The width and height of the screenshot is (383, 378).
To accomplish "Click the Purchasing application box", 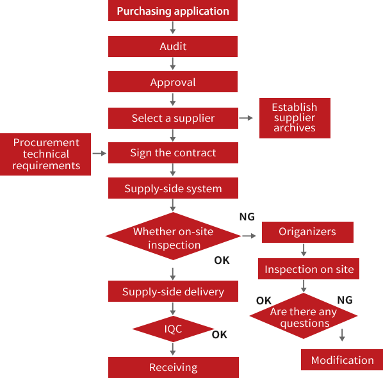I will click(x=172, y=11).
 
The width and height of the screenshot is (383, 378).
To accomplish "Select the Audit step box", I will click(x=172, y=46).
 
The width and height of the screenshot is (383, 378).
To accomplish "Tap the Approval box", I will click(x=172, y=82).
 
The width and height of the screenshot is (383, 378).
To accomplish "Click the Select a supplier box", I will click(x=172, y=118).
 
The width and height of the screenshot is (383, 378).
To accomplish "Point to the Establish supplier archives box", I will click(x=294, y=118).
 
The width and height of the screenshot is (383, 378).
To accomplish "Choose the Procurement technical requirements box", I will click(x=46, y=154).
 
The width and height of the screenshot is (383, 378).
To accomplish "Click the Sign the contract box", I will click(x=172, y=152).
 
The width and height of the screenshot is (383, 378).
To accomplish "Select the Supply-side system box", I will click(x=172, y=188).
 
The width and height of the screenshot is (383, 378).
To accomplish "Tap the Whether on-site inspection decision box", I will click(x=172, y=237).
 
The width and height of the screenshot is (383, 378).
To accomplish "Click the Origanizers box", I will click(x=307, y=232).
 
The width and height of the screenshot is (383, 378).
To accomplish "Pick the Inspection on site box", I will click(x=309, y=269).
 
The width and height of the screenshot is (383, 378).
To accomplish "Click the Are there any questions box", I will click(x=303, y=316).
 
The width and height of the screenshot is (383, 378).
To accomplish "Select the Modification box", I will click(x=341, y=359).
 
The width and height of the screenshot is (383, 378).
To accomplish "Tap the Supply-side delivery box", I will click(x=172, y=292).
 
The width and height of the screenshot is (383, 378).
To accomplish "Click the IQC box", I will click(x=172, y=329).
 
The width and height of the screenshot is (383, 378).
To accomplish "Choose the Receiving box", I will click(x=172, y=367).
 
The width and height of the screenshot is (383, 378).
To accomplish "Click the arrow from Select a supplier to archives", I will click(x=247, y=118).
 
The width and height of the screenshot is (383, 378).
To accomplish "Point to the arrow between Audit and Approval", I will click(x=172, y=64).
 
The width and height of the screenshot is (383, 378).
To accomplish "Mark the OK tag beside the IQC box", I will click(x=220, y=334).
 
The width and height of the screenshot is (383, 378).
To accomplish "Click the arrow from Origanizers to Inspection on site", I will click(x=304, y=251).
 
